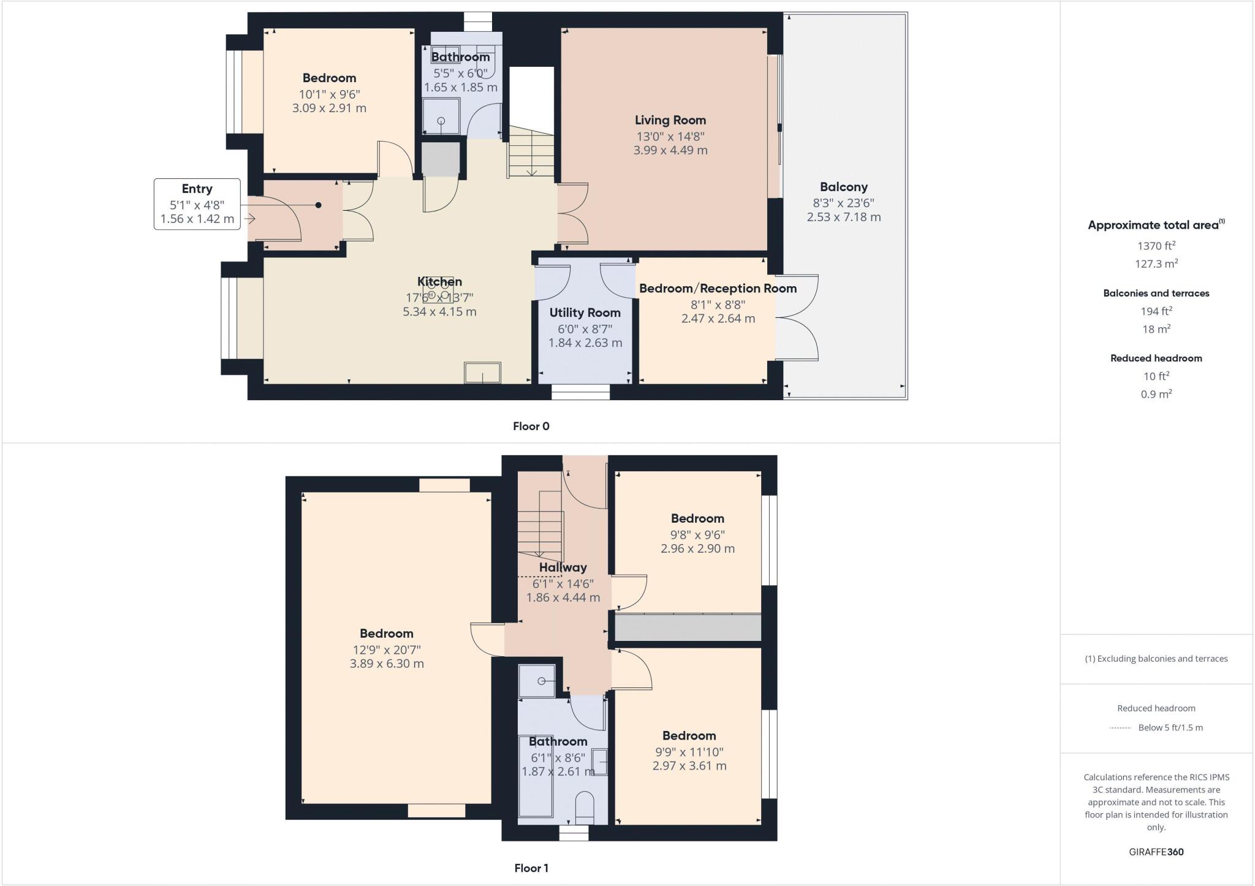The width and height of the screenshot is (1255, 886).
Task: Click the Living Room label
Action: tap(670, 120)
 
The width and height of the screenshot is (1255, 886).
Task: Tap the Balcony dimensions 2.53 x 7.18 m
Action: tap(843, 217)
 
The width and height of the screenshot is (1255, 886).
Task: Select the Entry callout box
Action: tap(197, 204)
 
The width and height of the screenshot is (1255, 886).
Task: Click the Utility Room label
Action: tap(585, 312)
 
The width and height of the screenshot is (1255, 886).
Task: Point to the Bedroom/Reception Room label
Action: tap(718, 288)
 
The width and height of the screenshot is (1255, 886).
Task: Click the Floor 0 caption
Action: tap(531, 426)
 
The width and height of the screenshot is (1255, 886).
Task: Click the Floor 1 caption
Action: tap(531, 868)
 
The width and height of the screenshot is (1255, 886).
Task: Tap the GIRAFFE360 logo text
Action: tap(1156, 852)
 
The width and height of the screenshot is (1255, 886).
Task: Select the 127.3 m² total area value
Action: tap(1156, 263)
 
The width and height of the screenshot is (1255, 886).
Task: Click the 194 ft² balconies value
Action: tap(1156, 311)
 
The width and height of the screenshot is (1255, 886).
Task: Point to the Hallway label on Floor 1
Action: tap(563, 567)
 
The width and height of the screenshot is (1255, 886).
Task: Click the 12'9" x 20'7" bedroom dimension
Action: tap(386, 649)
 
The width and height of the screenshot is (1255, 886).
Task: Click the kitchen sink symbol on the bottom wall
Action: tap(482, 373)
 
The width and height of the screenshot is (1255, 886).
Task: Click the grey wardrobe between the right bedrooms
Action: tap(688, 628)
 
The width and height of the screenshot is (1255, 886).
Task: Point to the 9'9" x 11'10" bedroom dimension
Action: tap(689, 752)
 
